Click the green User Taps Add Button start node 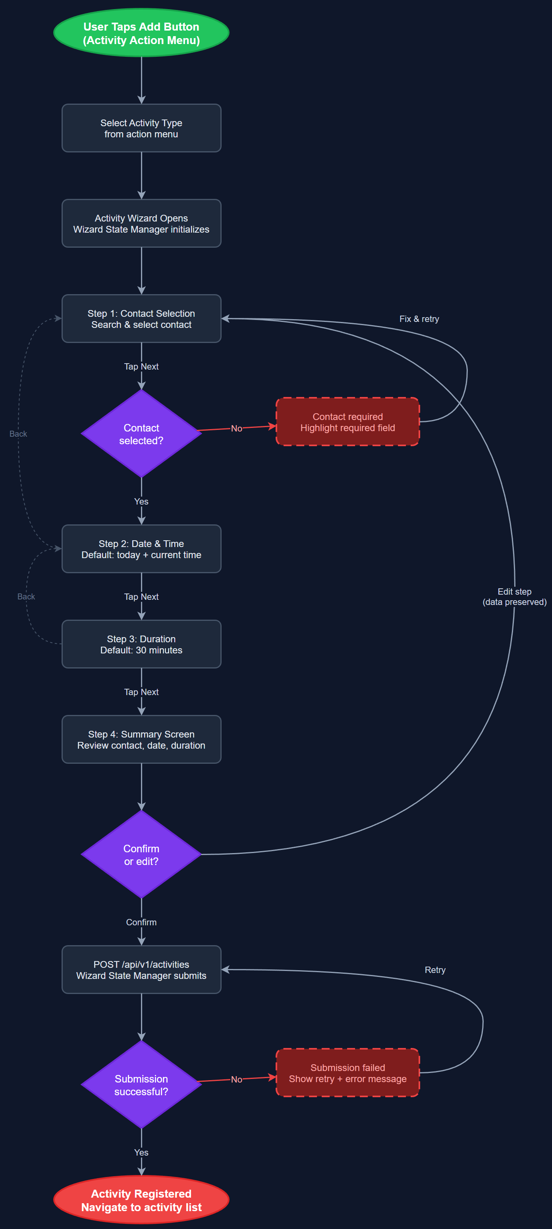[x=141, y=33]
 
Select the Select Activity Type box [x=141, y=128]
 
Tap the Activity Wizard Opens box [x=141, y=223]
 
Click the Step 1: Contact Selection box [x=141, y=319]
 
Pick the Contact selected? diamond [x=141, y=433]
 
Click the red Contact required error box [x=347, y=422]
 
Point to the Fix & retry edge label [x=419, y=319]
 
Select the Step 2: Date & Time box [x=141, y=549]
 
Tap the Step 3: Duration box [x=141, y=644]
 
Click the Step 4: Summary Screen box [x=141, y=740]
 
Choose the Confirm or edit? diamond [x=141, y=855]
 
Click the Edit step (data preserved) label [x=514, y=596]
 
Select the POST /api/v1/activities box [x=141, y=969]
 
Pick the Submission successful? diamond [x=141, y=1085]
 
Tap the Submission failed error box [x=347, y=1073]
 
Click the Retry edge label [x=434, y=969]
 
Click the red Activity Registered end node [x=141, y=1200]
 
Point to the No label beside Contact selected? [x=236, y=428]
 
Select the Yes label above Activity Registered [x=141, y=1152]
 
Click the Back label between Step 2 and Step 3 [x=26, y=596]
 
